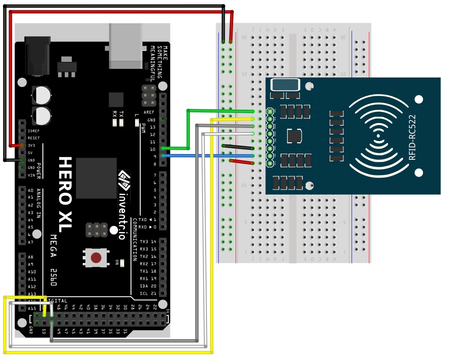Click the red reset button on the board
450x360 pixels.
tap(96, 258)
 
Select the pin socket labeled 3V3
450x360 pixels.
tap(21, 145)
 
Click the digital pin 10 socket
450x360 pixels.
tap(163, 149)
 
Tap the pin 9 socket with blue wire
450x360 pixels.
tap(163, 156)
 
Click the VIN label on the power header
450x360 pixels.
tap(31, 175)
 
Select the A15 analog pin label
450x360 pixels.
tap(31, 309)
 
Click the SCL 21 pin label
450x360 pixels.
tap(148, 293)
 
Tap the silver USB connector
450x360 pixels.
tap(126, 46)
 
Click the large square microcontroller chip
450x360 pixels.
tap(96, 178)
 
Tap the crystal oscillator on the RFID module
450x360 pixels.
tap(285, 84)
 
